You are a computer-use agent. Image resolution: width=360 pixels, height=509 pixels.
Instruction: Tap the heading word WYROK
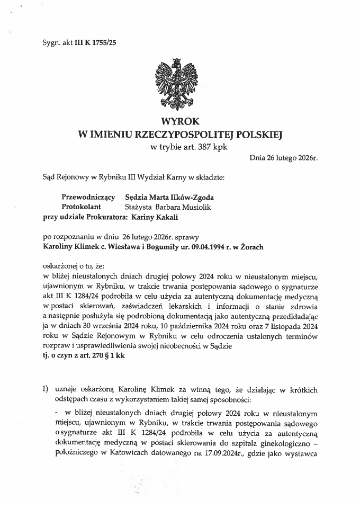click(x=179, y=122)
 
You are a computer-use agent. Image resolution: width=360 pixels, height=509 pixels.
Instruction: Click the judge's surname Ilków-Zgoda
click(x=186, y=197)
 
